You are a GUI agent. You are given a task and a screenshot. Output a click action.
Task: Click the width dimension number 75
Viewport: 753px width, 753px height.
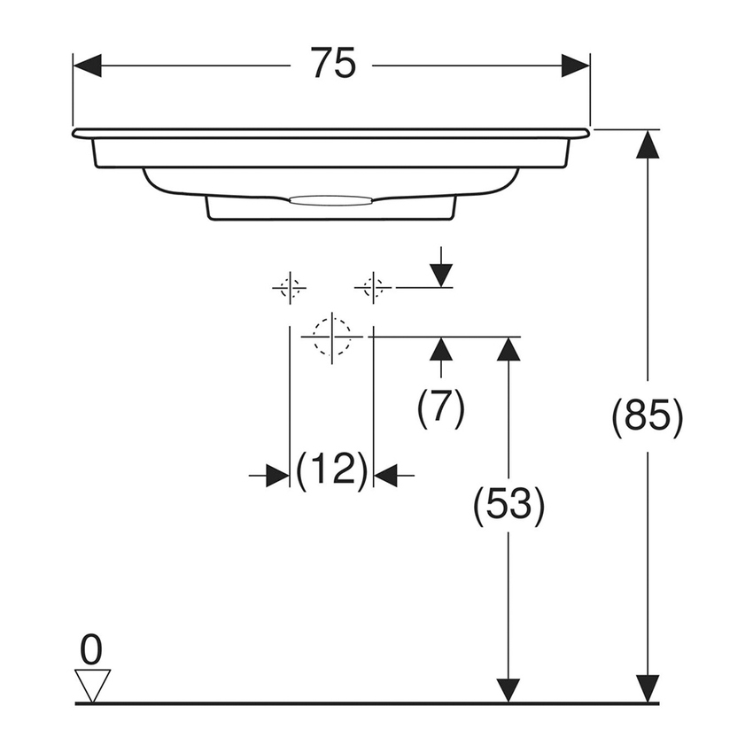click(x=332, y=64)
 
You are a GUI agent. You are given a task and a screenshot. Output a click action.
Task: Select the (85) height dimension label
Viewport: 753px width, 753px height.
click(x=648, y=415)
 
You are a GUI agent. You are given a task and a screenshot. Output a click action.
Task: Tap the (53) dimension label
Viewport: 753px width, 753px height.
click(x=508, y=504)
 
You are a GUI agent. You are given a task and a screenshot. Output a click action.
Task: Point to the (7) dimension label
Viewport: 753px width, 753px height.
click(x=441, y=408)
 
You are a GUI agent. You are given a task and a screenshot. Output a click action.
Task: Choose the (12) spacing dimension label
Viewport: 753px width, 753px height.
click(x=331, y=470)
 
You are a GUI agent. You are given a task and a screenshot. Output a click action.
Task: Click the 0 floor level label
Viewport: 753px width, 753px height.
click(x=91, y=651)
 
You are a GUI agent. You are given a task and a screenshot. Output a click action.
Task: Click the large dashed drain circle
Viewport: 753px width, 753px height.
click(x=332, y=337)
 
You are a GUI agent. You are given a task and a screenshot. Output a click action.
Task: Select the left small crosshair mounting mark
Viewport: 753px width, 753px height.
click(x=289, y=287)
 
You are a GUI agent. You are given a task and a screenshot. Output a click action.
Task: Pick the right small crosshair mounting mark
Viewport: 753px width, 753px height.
click(x=373, y=287)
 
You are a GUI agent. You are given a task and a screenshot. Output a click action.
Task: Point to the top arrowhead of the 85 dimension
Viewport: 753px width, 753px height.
click(x=648, y=144)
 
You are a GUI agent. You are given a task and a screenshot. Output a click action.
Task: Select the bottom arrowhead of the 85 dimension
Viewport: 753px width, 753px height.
click(x=648, y=688)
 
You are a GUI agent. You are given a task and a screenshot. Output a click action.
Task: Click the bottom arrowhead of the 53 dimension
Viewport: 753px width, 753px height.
click(x=508, y=689)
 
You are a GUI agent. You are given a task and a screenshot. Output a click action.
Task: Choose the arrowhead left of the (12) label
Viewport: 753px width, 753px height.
click(x=277, y=476)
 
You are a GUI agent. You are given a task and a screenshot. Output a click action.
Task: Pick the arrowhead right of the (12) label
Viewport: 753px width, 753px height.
click(x=385, y=476)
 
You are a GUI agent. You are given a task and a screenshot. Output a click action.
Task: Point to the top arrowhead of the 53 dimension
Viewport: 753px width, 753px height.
click(x=508, y=350)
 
